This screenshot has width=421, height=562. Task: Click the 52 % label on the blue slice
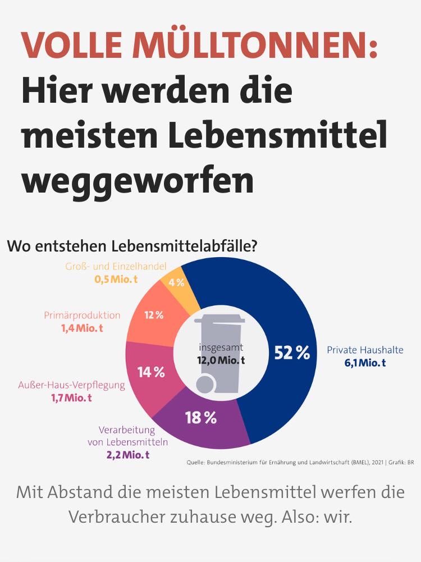(292, 353)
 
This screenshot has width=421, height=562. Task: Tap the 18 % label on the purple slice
(201, 417)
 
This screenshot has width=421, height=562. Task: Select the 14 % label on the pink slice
(151, 372)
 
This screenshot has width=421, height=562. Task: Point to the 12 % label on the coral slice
(154, 315)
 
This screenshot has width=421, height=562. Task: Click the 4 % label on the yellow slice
(176, 282)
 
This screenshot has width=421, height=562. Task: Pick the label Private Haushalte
(365, 350)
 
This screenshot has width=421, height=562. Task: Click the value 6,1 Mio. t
(365, 363)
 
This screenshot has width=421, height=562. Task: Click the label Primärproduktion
(82, 316)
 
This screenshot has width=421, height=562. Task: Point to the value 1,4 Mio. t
(82, 328)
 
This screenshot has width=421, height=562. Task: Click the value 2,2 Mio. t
(128, 455)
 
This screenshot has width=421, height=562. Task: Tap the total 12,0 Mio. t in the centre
(221, 360)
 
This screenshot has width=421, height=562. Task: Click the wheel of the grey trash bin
(205, 385)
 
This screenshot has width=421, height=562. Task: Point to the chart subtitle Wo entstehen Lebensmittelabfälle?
(132, 246)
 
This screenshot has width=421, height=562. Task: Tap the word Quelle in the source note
(196, 462)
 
